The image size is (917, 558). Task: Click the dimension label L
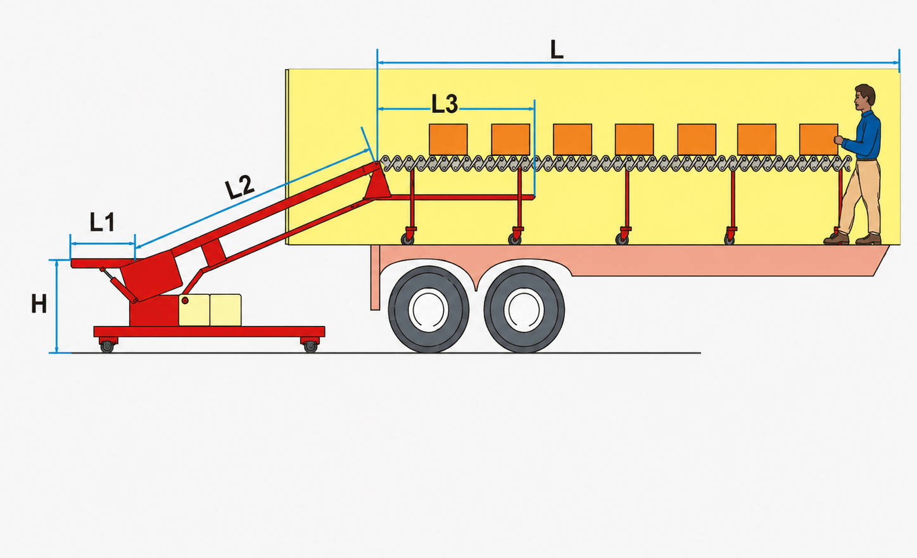(x=557, y=50)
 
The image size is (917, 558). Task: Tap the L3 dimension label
(x=445, y=104)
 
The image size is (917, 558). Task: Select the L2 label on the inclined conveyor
(x=240, y=187)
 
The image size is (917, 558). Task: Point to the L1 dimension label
(x=102, y=222)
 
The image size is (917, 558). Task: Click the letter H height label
(x=39, y=304)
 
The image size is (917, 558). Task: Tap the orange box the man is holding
(x=818, y=139)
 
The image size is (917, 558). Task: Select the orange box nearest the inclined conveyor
(x=448, y=139)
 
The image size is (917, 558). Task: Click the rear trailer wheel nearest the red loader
(x=429, y=309)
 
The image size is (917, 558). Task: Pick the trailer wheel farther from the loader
(x=524, y=309)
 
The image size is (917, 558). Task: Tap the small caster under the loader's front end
(x=107, y=346)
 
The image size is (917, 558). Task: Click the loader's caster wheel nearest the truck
(x=310, y=346)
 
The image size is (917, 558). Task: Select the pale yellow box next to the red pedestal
(x=194, y=310)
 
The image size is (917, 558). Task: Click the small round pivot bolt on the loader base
(x=185, y=301)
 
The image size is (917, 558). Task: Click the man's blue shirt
(x=864, y=135)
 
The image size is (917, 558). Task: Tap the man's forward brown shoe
(x=835, y=238)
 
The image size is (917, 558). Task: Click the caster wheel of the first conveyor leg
(x=407, y=239)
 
